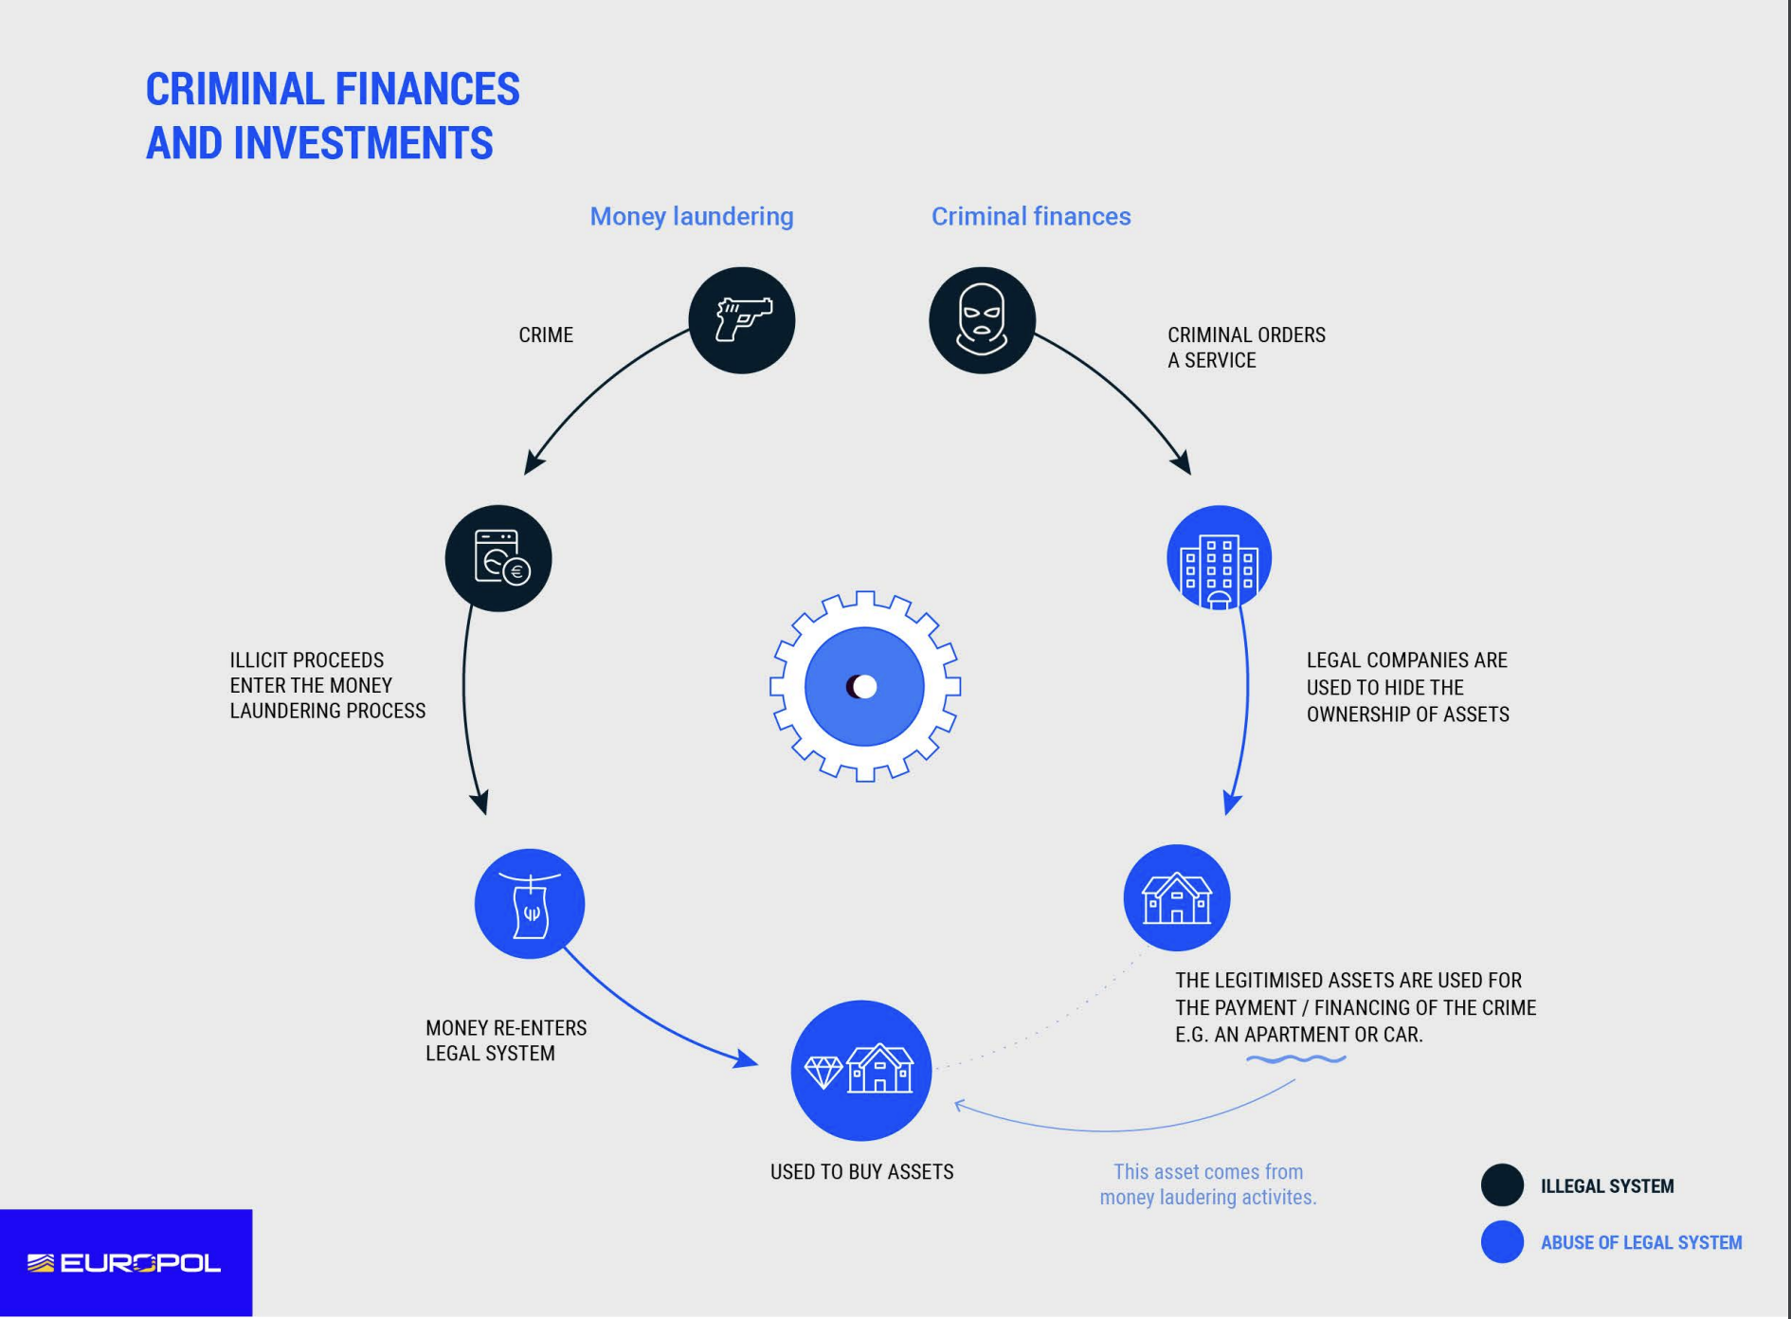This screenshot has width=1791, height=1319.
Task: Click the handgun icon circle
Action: click(x=741, y=320)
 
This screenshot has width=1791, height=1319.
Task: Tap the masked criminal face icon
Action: click(x=982, y=320)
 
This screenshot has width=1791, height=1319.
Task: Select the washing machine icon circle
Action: click(x=498, y=558)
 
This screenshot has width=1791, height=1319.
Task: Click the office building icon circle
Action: click(x=1219, y=558)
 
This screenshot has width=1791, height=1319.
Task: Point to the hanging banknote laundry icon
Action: click(x=530, y=903)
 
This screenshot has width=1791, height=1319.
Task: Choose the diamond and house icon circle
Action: click(x=860, y=1070)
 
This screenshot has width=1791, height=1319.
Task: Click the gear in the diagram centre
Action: click(x=864, y=686)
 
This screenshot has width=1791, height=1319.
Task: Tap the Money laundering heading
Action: click(x=692, y=216)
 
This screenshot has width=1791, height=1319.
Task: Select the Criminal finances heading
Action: click(x=1031, y=216)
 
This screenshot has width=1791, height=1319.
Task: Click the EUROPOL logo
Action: click(x=125, y=1263)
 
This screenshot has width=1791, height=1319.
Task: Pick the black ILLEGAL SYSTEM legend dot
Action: click(x=1502, y=1185)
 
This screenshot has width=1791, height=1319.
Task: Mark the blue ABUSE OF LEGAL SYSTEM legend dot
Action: click(x=1502, y=1242)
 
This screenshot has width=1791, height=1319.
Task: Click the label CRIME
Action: click(x=546, y=335)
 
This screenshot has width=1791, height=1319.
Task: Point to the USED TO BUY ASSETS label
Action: click(x=861, y=1172)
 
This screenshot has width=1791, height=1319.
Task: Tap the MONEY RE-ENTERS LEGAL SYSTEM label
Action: click(x=506, y=1040)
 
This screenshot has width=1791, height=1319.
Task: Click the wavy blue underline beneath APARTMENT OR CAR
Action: click(x=1295, y=1058)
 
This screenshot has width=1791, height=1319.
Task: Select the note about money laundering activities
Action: click(x=1207, y=1184)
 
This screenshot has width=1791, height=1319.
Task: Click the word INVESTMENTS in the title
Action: click(x=363, y=144)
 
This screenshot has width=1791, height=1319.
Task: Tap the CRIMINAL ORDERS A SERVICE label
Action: click(x=1245, y=348)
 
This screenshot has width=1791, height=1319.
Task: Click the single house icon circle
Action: click(x=1176, y=897)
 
